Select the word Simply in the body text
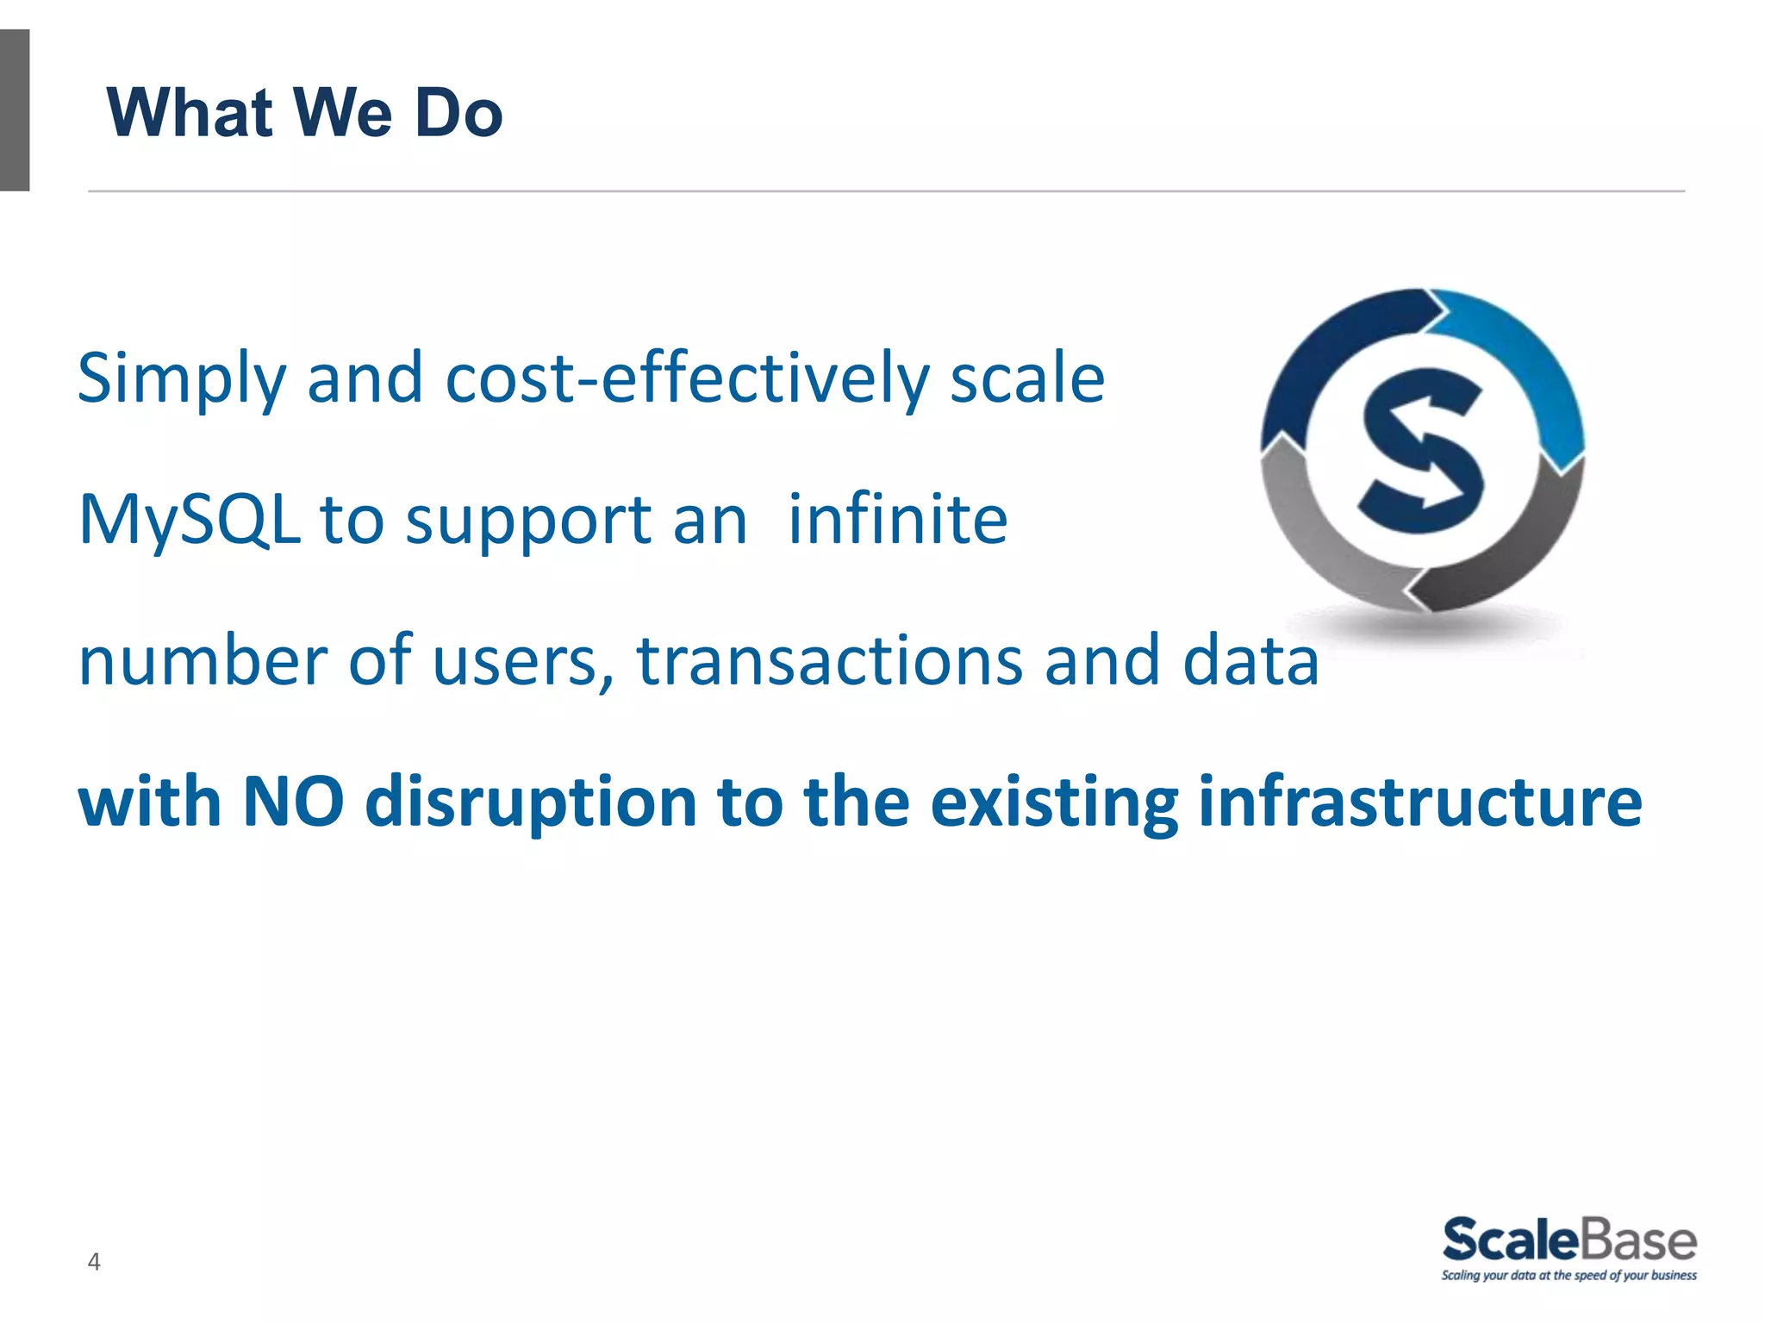click(181, 379)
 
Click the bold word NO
click(293, 802)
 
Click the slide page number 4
click(94, 1262)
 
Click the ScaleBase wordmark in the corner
click(1569, 1241)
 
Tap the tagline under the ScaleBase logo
click(1569, 1276)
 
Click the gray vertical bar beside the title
click(15, 110)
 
